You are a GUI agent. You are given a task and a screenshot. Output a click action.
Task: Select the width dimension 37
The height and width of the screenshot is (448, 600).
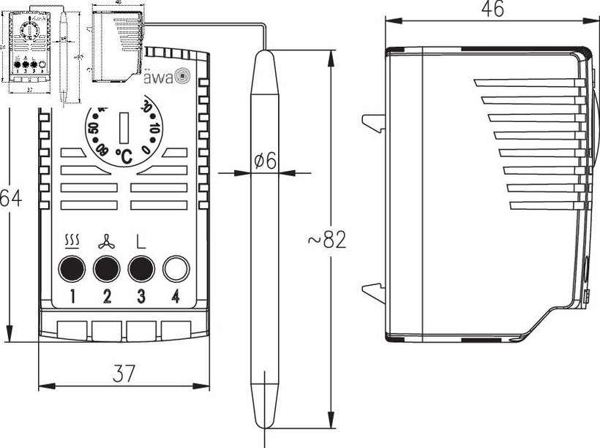tap(124, 374)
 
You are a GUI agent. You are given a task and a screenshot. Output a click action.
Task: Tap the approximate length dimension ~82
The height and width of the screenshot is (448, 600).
tap(323, 240)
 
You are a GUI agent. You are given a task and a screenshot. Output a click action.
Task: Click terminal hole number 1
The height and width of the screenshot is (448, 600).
tap(72, 269)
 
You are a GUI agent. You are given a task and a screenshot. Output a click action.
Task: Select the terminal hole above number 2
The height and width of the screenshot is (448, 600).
tap(107, 269)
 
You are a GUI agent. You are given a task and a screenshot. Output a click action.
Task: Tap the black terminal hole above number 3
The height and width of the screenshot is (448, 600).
tap(141, 269)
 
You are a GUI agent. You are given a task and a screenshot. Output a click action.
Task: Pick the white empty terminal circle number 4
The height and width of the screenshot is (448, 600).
tap(176, 269)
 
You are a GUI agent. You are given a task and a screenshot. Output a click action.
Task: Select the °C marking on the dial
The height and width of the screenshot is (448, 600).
tap(123, 155)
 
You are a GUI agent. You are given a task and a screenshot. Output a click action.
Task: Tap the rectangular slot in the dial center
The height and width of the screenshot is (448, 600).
tap(124, 126)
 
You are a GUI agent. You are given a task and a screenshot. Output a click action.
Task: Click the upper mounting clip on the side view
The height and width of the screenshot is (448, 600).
tap(374, 124)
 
